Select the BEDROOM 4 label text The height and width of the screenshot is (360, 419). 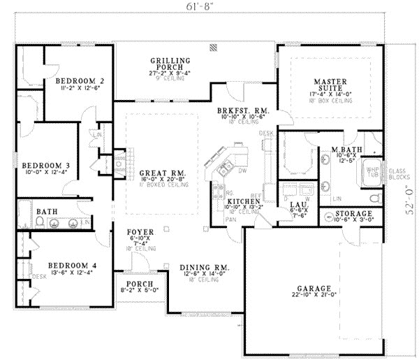[67, 266]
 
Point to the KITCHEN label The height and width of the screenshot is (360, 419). [243, 201]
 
